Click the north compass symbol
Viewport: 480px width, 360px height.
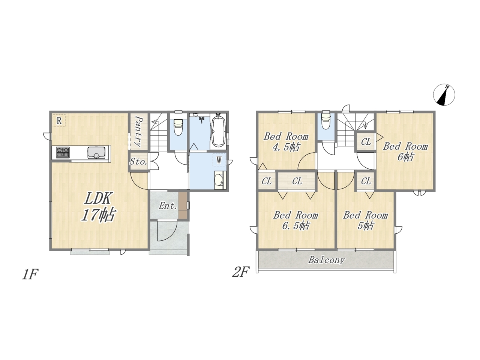tap(444, 94)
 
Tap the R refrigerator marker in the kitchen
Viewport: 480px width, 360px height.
tap(59, 121)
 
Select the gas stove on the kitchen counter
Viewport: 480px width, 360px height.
tap(63, 152)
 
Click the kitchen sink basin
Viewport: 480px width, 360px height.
tap(96, 152)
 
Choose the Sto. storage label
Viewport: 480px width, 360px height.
tap(138, 162)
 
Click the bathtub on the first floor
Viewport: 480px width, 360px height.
tap(218, 132)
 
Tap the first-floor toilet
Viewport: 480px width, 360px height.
tap(178, 127)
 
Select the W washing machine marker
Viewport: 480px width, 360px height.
tap(219, 160)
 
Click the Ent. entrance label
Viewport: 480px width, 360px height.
tap(168, 205)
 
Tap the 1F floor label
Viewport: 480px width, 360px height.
tap(30, 274)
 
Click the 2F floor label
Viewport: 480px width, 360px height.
tap(241, 272)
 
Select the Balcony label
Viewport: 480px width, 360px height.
tap(327, 260)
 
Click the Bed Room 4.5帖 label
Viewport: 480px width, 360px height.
tap(286, 142)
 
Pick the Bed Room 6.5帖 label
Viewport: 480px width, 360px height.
tap(295, 220)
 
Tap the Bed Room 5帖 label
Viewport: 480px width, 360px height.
tap(365, 220)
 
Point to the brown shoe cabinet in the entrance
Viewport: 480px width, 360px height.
tap(183, 205)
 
